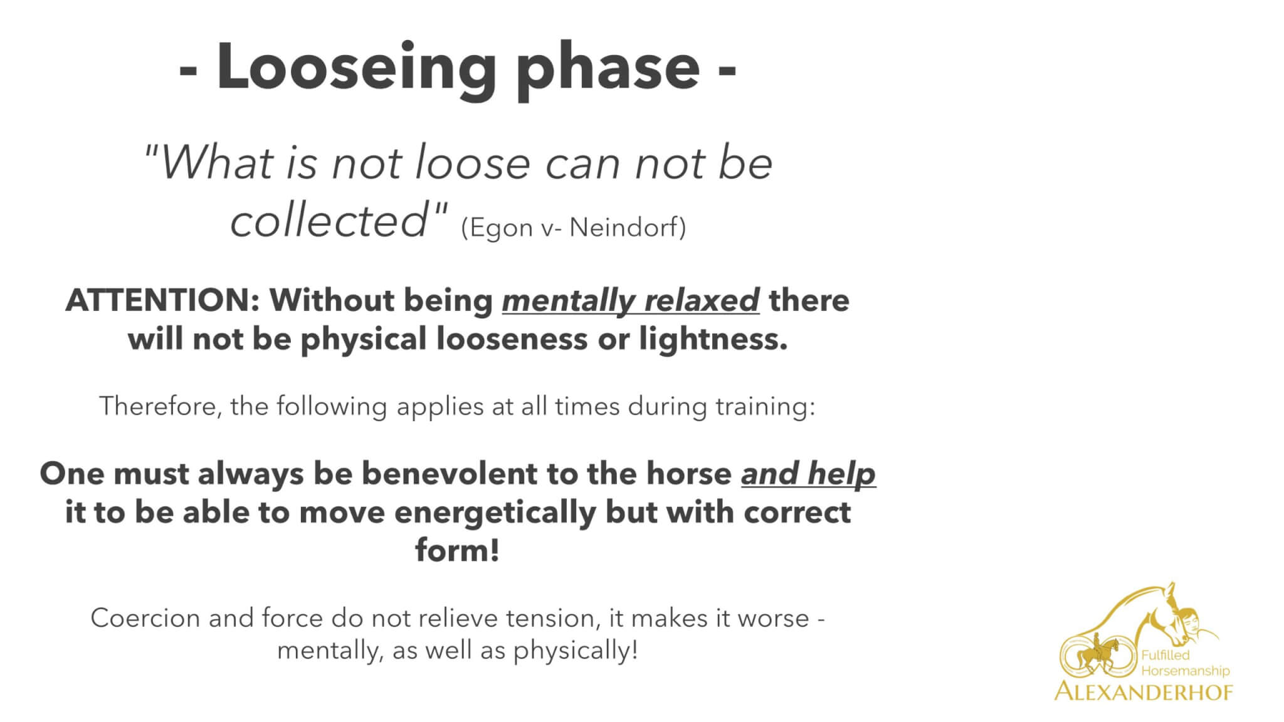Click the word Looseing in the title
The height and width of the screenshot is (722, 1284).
click(x=357, y=70)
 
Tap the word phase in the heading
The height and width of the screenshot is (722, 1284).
click(x=611, y=70)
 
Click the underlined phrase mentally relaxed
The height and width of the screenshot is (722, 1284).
click(x=631, y=301)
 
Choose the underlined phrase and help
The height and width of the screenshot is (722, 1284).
click(x=808, y=474)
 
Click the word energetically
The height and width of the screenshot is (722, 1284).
click(x=495, y=513)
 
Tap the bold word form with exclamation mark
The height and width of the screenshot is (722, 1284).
click(x=457, y=551)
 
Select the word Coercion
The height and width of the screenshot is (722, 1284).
click(x=146, y=619)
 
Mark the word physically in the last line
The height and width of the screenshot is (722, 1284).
click(x=576, y=651)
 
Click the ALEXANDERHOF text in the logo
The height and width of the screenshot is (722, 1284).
click(x=1144, y=691)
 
